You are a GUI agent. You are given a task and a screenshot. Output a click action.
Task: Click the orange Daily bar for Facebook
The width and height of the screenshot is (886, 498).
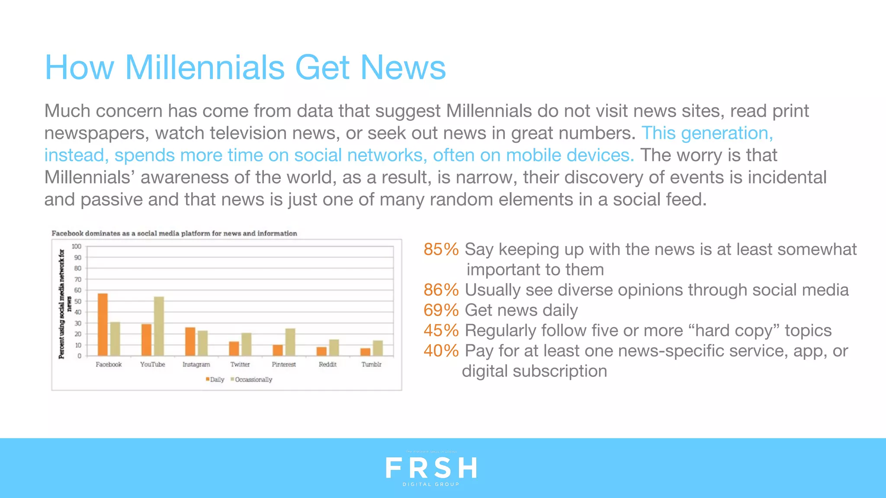[103, 325]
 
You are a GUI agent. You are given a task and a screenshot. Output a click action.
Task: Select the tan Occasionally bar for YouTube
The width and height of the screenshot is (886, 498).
[159, 326]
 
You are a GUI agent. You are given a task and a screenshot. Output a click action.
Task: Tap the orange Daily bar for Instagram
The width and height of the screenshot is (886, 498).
[190, 342]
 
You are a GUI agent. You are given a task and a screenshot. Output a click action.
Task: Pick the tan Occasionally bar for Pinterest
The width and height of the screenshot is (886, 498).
[290, 342]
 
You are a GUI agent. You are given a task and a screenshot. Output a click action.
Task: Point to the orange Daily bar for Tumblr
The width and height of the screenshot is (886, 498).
[366, 352]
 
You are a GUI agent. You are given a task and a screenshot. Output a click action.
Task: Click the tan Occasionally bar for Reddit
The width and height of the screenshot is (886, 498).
[334, 348]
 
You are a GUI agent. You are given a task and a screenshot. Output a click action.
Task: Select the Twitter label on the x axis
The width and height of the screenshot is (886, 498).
[240, 364]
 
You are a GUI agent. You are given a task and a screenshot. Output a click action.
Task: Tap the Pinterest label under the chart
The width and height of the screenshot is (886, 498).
[284, 364]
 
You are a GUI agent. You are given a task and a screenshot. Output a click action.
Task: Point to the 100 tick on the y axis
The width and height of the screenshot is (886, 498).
[76, 246]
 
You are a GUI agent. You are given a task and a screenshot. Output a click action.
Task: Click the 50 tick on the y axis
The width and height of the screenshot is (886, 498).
[77, 301]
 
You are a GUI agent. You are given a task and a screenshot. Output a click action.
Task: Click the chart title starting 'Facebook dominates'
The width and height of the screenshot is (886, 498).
[174, 233]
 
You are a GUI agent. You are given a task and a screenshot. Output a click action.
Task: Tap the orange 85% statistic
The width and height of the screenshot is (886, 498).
[441, 249]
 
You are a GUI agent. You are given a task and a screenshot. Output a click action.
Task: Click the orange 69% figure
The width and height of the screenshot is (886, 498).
[441, 310]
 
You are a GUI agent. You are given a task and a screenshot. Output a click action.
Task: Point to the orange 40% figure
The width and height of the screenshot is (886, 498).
[441, 351]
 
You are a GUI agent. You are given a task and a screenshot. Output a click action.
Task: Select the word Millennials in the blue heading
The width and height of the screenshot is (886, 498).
[204, 67]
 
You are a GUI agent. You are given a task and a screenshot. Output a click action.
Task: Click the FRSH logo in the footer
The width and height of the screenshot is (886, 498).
[431, 469]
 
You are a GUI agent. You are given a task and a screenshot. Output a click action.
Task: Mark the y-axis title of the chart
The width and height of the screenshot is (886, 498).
[64, 303]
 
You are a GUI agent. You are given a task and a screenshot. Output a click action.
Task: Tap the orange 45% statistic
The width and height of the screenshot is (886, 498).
[441, 331]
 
